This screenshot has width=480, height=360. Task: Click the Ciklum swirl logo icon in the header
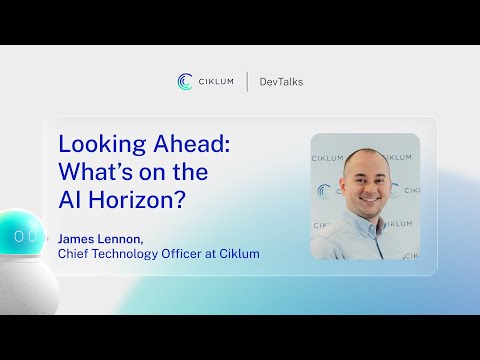(x=185, y=81)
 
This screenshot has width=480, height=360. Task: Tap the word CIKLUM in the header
(x=216, y=82)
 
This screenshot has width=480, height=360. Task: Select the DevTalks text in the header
(x=281, y=82)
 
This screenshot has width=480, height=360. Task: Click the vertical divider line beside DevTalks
(x=247, y=81)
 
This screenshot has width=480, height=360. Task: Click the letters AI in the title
(x=70, y=199)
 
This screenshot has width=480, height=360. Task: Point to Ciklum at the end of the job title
(x=241, y=254)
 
